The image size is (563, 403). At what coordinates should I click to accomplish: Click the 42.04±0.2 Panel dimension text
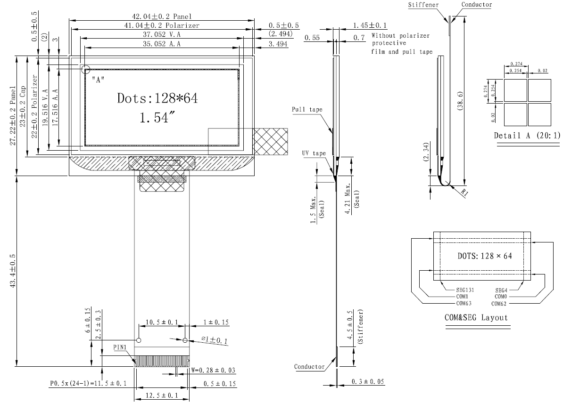pyautogui.click(x=161, y=16)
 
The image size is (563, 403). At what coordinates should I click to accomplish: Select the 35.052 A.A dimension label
pyautogui.click(x=162, y=44)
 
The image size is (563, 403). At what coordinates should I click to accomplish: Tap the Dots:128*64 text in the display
pyautogui.click(x=157, y=98)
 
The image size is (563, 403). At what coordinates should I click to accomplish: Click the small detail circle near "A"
pyautogui.click(x=85, y=70)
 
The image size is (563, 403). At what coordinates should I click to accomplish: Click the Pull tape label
pyautogui.click(x=306, y=110)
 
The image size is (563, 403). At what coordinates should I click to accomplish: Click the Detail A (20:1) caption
pyautogui.click(x=527, y=136)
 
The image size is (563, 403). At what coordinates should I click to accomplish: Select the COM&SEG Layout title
pyautogui.click(x=477, y=317)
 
